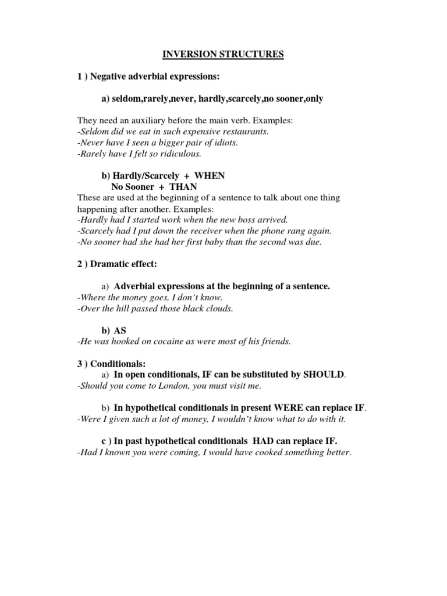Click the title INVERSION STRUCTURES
coord(223,55)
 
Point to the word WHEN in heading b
coord(210,176)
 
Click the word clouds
coord(217,308)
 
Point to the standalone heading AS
coord(120,330)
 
